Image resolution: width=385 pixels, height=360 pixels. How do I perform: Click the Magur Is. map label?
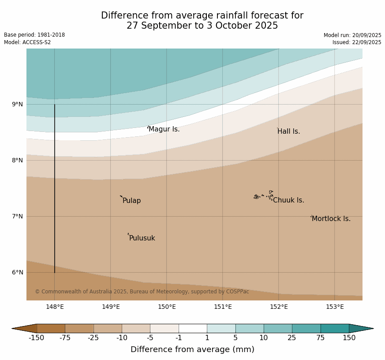(164, 129)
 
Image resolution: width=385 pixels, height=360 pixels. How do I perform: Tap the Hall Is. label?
(289, 131)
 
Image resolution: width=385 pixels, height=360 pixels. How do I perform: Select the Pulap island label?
(131, 201)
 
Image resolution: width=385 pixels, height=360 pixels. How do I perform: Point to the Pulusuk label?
(142, 238)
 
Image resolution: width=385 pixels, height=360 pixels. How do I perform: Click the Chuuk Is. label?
(288, 200)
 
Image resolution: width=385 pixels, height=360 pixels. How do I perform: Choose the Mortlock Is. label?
(331, 219)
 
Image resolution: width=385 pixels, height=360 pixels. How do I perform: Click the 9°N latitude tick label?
(18, 105)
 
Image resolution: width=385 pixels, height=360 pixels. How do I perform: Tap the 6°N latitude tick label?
(18, 272)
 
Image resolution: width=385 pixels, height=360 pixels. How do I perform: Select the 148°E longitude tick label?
(55, 307)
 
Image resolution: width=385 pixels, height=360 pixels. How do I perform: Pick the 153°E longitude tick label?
(335, 307)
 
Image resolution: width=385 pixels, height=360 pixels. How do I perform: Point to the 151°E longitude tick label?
(223, 307)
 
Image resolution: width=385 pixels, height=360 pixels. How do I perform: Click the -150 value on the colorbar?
(37, 338)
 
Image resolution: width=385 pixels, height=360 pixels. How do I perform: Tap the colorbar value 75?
(320, 338)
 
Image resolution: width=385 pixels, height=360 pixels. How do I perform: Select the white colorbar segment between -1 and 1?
(193, 328)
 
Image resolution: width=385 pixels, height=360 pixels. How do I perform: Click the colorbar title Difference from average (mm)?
(192, 349)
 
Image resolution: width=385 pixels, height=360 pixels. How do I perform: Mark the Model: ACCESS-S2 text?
(27, 42)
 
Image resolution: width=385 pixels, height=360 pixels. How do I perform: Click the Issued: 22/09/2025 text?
(357, 42)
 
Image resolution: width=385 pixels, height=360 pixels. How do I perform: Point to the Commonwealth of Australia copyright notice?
(142, 292)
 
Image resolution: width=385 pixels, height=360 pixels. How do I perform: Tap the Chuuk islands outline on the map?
(263, 196)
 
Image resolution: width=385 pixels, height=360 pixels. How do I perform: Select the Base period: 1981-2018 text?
(34, 35)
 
